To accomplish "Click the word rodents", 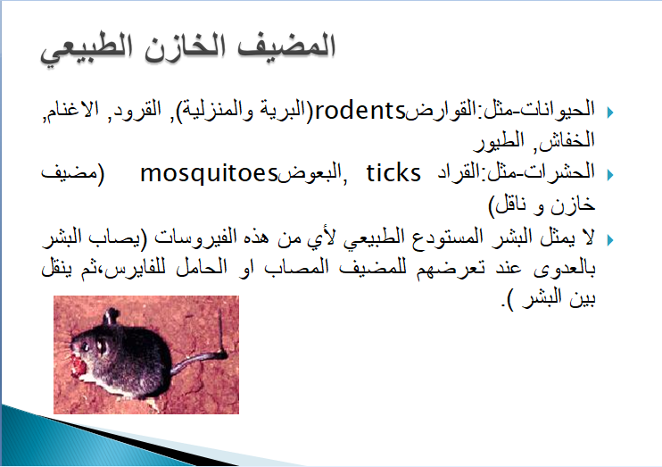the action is click(x=360, y=111).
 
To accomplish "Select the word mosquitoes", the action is click(x=209, y=173).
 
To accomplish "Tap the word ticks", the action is click(x=393, y=173).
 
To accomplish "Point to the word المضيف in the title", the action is click(x=286, y=46).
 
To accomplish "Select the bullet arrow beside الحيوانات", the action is click(x=610, y=113).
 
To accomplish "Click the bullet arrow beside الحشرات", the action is click(x=610, y=174).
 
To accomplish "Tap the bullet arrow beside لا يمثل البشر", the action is click(x=610, y=240).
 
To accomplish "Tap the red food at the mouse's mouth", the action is click(x=79, y=366).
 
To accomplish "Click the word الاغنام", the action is click(x=71, y=109).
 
